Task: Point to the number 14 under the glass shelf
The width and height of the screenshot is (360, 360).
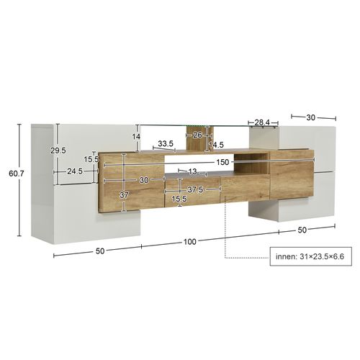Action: tap(135, 136)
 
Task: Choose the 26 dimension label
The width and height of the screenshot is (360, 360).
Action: tap(197, 134)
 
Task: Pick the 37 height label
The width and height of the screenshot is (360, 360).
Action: tap(125, 194)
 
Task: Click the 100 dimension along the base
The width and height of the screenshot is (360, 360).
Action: tap(189, 241)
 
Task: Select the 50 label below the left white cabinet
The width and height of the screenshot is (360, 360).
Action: tap(99, 250)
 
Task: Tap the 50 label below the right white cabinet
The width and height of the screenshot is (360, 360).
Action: tap(302, 229)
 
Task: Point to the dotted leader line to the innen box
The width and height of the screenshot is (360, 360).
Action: tap(227, 238)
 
